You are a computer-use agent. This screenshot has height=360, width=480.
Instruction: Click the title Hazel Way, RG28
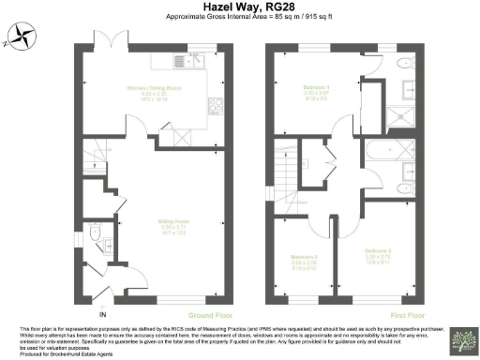coord(239,7)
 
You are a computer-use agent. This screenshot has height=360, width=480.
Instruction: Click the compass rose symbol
coord(20,38)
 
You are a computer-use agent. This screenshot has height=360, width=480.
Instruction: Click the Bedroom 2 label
coord(378,254)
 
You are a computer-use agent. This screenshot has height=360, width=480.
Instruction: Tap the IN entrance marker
coord(104,314)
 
